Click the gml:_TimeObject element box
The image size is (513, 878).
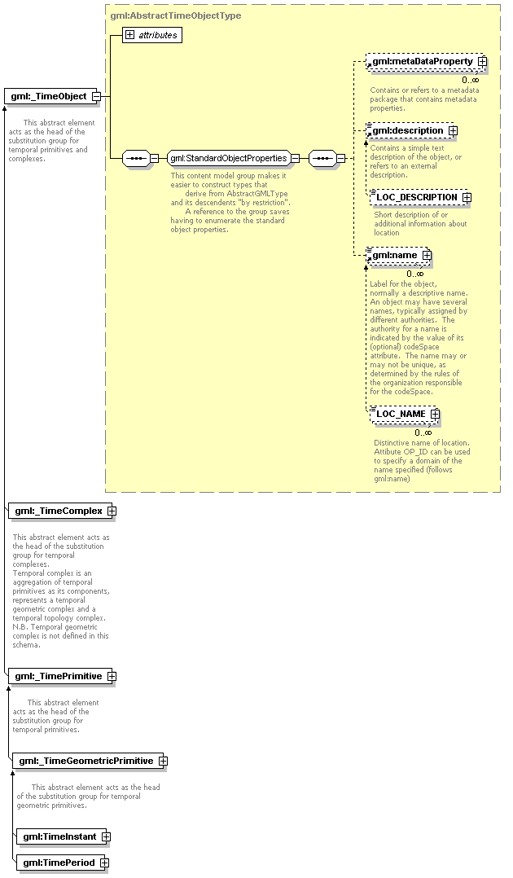tap(49, 96)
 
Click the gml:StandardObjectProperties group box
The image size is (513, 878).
tap(228, 158)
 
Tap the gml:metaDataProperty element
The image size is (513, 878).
tap(423, 61)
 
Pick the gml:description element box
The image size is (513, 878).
tap(408, 130)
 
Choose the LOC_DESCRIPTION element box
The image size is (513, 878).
tap(416, 197)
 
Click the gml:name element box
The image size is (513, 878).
tap(395, 256)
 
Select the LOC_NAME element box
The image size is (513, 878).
tap(401, 414)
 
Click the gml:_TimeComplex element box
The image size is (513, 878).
tap(59, 511)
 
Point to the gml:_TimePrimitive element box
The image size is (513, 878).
tap(59, 676)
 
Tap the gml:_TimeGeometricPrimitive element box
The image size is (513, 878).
tap(86, 761)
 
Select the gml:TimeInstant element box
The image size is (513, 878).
tap(59, 836)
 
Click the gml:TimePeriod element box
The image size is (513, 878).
tap(59, 863)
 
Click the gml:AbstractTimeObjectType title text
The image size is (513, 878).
tap(176, 15)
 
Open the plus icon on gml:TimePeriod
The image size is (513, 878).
tap(104, 863)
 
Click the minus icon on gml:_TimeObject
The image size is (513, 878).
tap(96, 96)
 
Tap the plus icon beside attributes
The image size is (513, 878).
tap(129, 35)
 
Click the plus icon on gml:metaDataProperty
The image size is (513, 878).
tap(482, 61)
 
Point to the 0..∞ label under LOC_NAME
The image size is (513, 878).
tap(423, 432)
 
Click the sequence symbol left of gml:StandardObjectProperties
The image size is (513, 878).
tap(135, 158)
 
